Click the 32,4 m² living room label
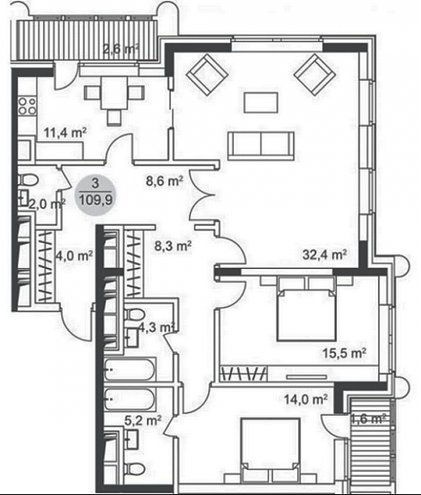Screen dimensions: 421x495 click(325, 254)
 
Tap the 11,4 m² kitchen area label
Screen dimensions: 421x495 click(65, 132)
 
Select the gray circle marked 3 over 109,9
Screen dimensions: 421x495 click(95, 195)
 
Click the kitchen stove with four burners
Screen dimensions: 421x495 click(27, 106)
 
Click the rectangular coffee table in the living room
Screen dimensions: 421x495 click(261, 102)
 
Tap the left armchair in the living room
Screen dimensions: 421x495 click(207, 75)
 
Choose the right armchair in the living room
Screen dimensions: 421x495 click(314, 75)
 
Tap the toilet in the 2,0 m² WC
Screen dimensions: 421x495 click(28, 180)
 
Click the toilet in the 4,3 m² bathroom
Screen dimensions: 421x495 click(134, 315)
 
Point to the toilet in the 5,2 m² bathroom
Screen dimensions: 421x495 click(135, 468)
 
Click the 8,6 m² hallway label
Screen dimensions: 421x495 click(164, 181)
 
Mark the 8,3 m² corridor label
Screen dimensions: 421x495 click(173, 246)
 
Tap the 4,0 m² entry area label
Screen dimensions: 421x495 click(74, 255)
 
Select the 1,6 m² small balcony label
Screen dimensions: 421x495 click(369, 419)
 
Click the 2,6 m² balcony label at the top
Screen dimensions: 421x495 click(121, 49)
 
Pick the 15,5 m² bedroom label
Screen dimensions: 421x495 click(345, 353)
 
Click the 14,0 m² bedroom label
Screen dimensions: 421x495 click(306, 400)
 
